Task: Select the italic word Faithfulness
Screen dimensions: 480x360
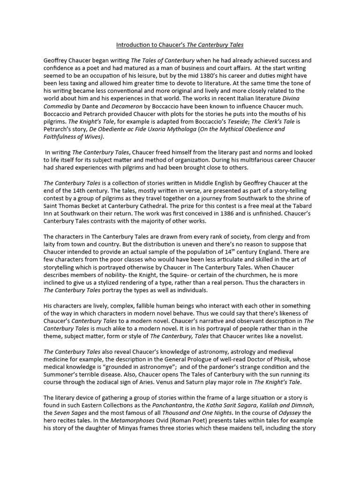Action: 62,136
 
